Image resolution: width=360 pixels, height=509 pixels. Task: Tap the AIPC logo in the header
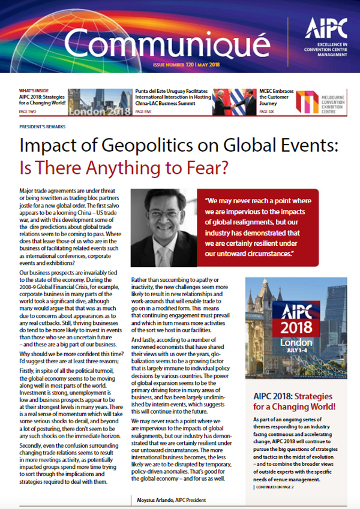(x=323, y=27)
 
